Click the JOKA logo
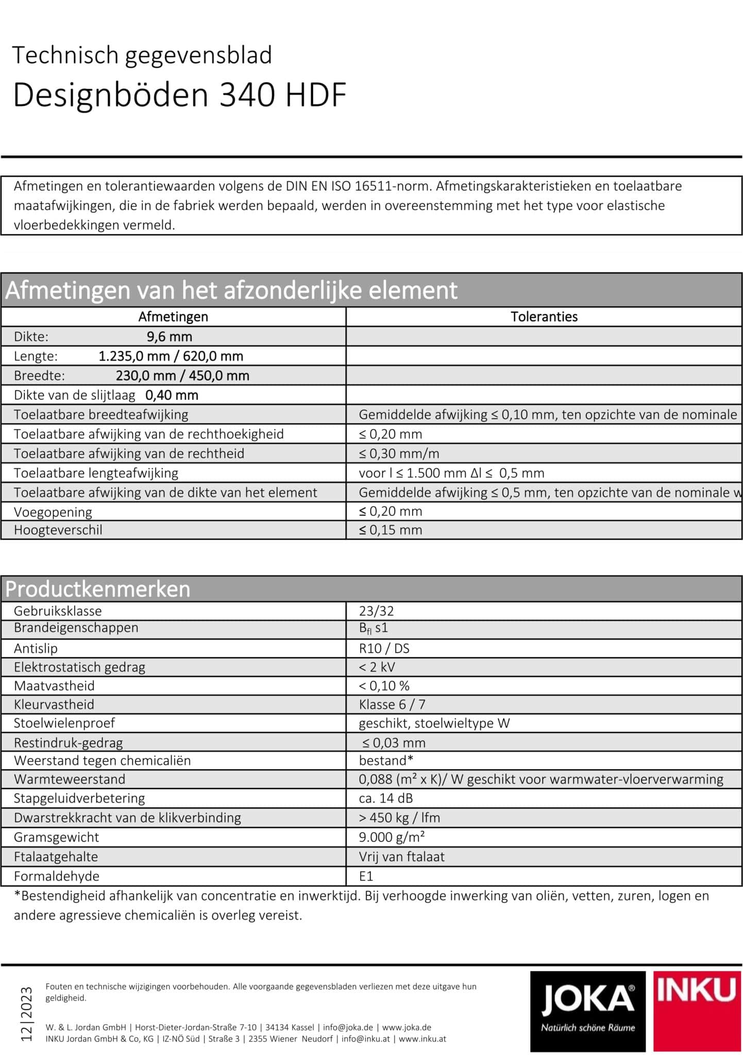pos(587,1011)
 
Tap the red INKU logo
pos(697,1011)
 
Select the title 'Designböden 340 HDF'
pos(179,95)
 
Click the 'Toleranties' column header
pos(544,317)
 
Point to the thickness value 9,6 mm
pos(170,337)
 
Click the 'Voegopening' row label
pos(53,512)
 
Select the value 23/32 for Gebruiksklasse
pos(376,611)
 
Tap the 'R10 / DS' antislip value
pos(384,648)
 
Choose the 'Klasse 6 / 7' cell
pos(392,704)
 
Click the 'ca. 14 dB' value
pos(386,798)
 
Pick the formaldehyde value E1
pos(366,876)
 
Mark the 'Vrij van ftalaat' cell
pos(401,857)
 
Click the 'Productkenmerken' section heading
pos(98,589)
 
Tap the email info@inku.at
pos(365,1038)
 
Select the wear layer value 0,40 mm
pos(172,395)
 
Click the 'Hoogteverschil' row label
pos(58,530)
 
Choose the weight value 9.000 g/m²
pos(392,837)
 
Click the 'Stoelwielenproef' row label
pos(64,723)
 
